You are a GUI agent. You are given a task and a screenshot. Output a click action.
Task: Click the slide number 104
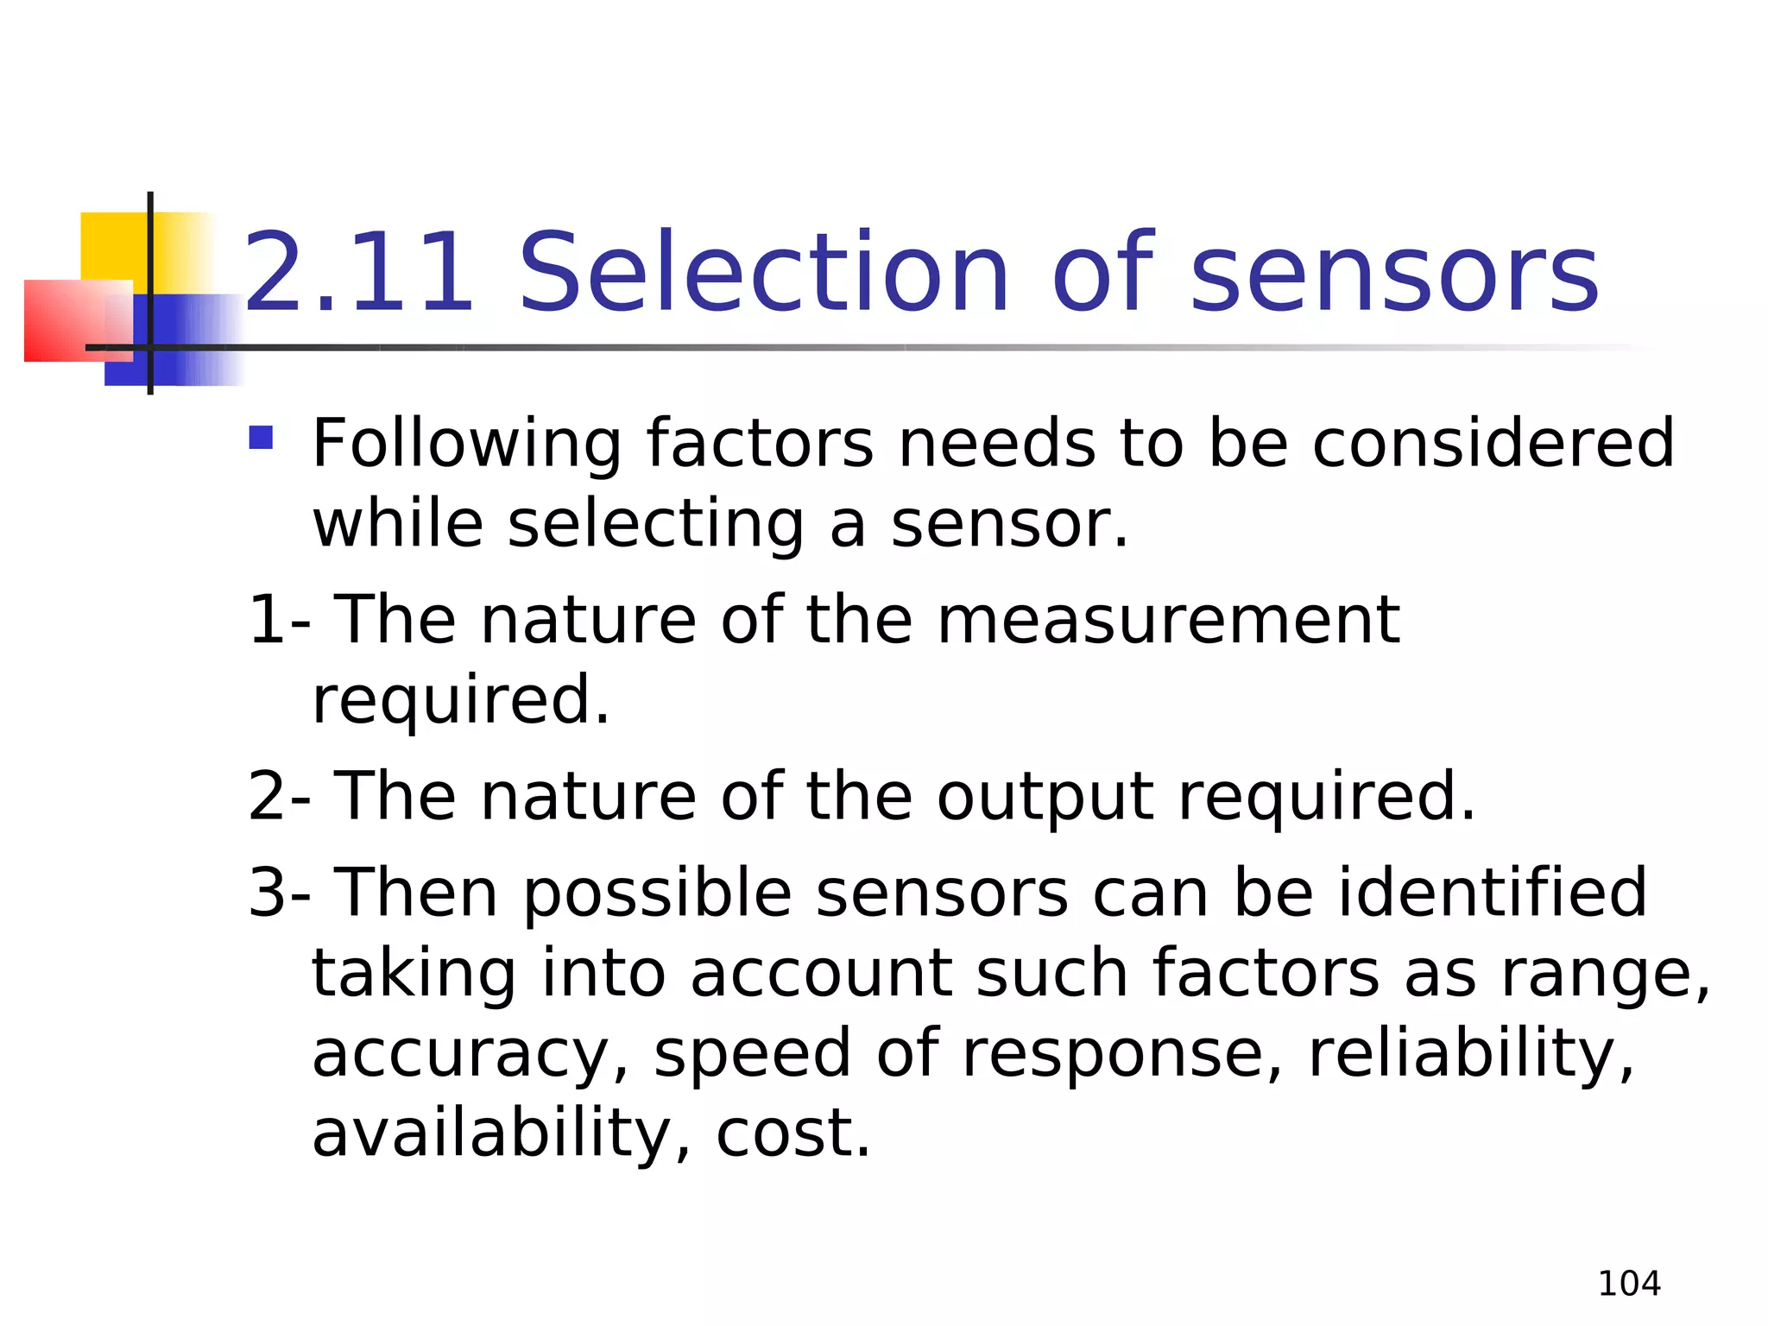[1629, 1284]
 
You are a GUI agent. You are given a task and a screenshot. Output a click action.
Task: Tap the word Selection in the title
[763, 273]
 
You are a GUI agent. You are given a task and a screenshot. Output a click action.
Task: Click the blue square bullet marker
[261, 438]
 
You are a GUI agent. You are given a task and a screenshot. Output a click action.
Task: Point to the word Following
[466, 444]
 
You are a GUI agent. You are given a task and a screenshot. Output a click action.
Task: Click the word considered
[1493, 442]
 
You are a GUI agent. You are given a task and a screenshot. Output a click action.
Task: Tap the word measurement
[1168, 620]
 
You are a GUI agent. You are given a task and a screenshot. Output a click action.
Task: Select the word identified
[1493, 892]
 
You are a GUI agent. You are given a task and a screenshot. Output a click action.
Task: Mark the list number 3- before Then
[279, 893]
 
